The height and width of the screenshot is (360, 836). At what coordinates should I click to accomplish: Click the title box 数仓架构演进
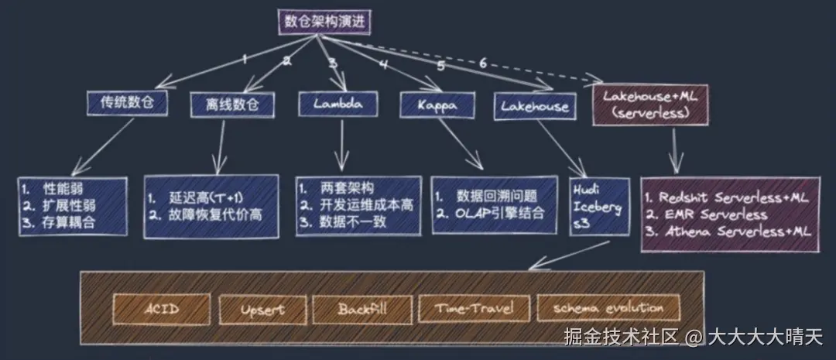324,22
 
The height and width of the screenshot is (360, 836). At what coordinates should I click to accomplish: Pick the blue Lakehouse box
534,106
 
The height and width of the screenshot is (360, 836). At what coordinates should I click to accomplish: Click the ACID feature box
162,309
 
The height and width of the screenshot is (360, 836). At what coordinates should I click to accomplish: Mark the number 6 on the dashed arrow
482,64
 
